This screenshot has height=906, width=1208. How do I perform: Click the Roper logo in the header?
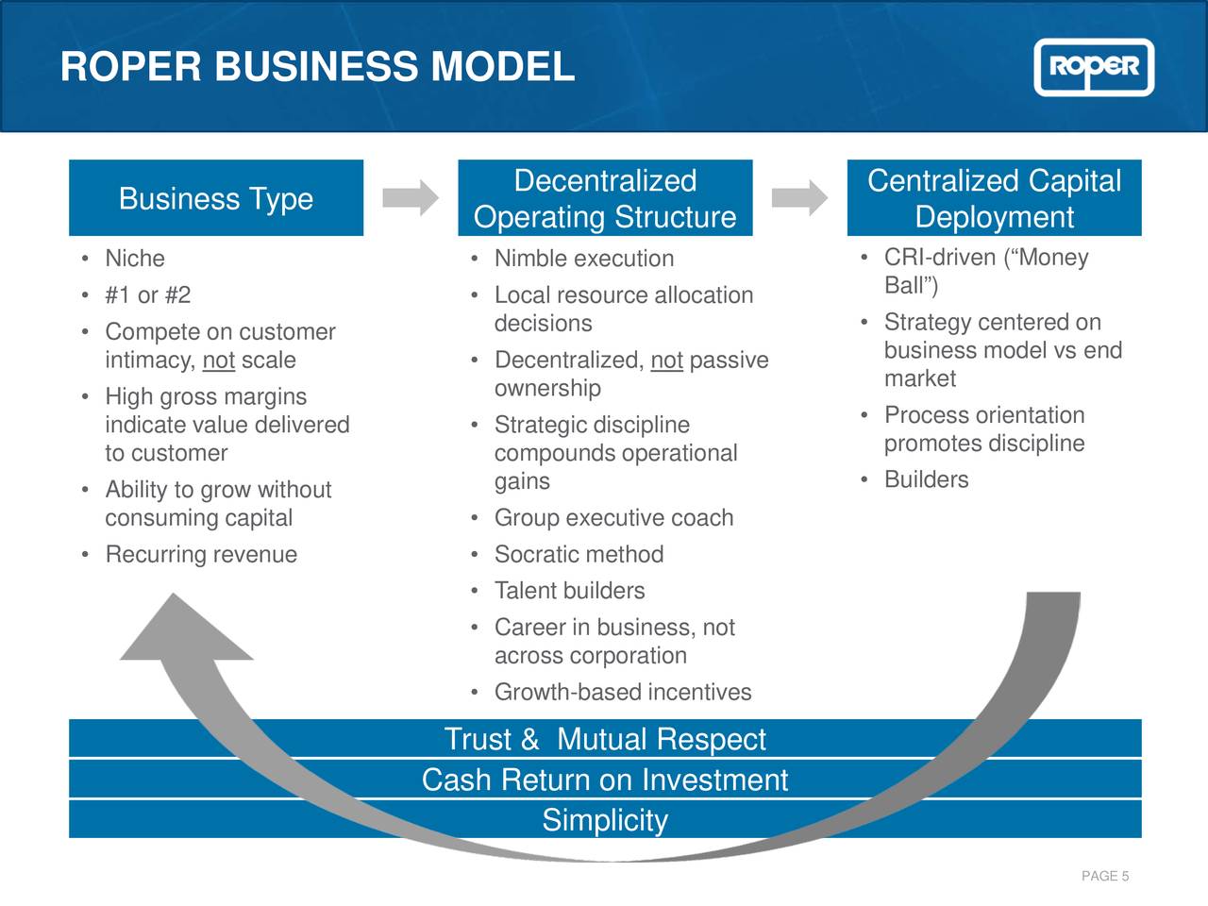click(1094, 67)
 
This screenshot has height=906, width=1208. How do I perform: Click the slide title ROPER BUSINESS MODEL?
click(317, 67)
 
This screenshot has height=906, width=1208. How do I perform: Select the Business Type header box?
click(216, 198)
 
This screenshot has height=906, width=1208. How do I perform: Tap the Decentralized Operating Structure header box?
click(605, 198)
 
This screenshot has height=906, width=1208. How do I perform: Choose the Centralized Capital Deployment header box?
click(994, 198)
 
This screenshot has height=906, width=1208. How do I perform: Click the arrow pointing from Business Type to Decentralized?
click(411, 198)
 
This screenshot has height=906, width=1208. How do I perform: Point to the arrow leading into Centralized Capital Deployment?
click(799, 198)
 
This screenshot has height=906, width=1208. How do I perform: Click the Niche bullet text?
click(135, 259)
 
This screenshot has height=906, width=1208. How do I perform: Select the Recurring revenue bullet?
click(201, 555)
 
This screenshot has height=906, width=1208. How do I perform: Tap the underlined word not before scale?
click(218, 361)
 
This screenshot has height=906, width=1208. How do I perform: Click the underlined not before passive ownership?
click(666, 361)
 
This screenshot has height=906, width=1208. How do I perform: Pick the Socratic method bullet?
click(579, 555)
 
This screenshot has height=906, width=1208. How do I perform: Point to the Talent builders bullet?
click(569, 591)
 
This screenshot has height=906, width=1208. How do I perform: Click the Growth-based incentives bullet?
click(623, 693)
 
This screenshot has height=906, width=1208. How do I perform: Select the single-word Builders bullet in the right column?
click(926, 480)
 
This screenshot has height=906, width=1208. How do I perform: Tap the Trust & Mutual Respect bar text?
click(605, 739)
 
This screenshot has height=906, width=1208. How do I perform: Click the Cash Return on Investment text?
click(605, 780)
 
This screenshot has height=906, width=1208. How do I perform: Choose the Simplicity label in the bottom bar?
click(605, 820)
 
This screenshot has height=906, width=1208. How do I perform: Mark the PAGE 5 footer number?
click(1105, 877)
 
